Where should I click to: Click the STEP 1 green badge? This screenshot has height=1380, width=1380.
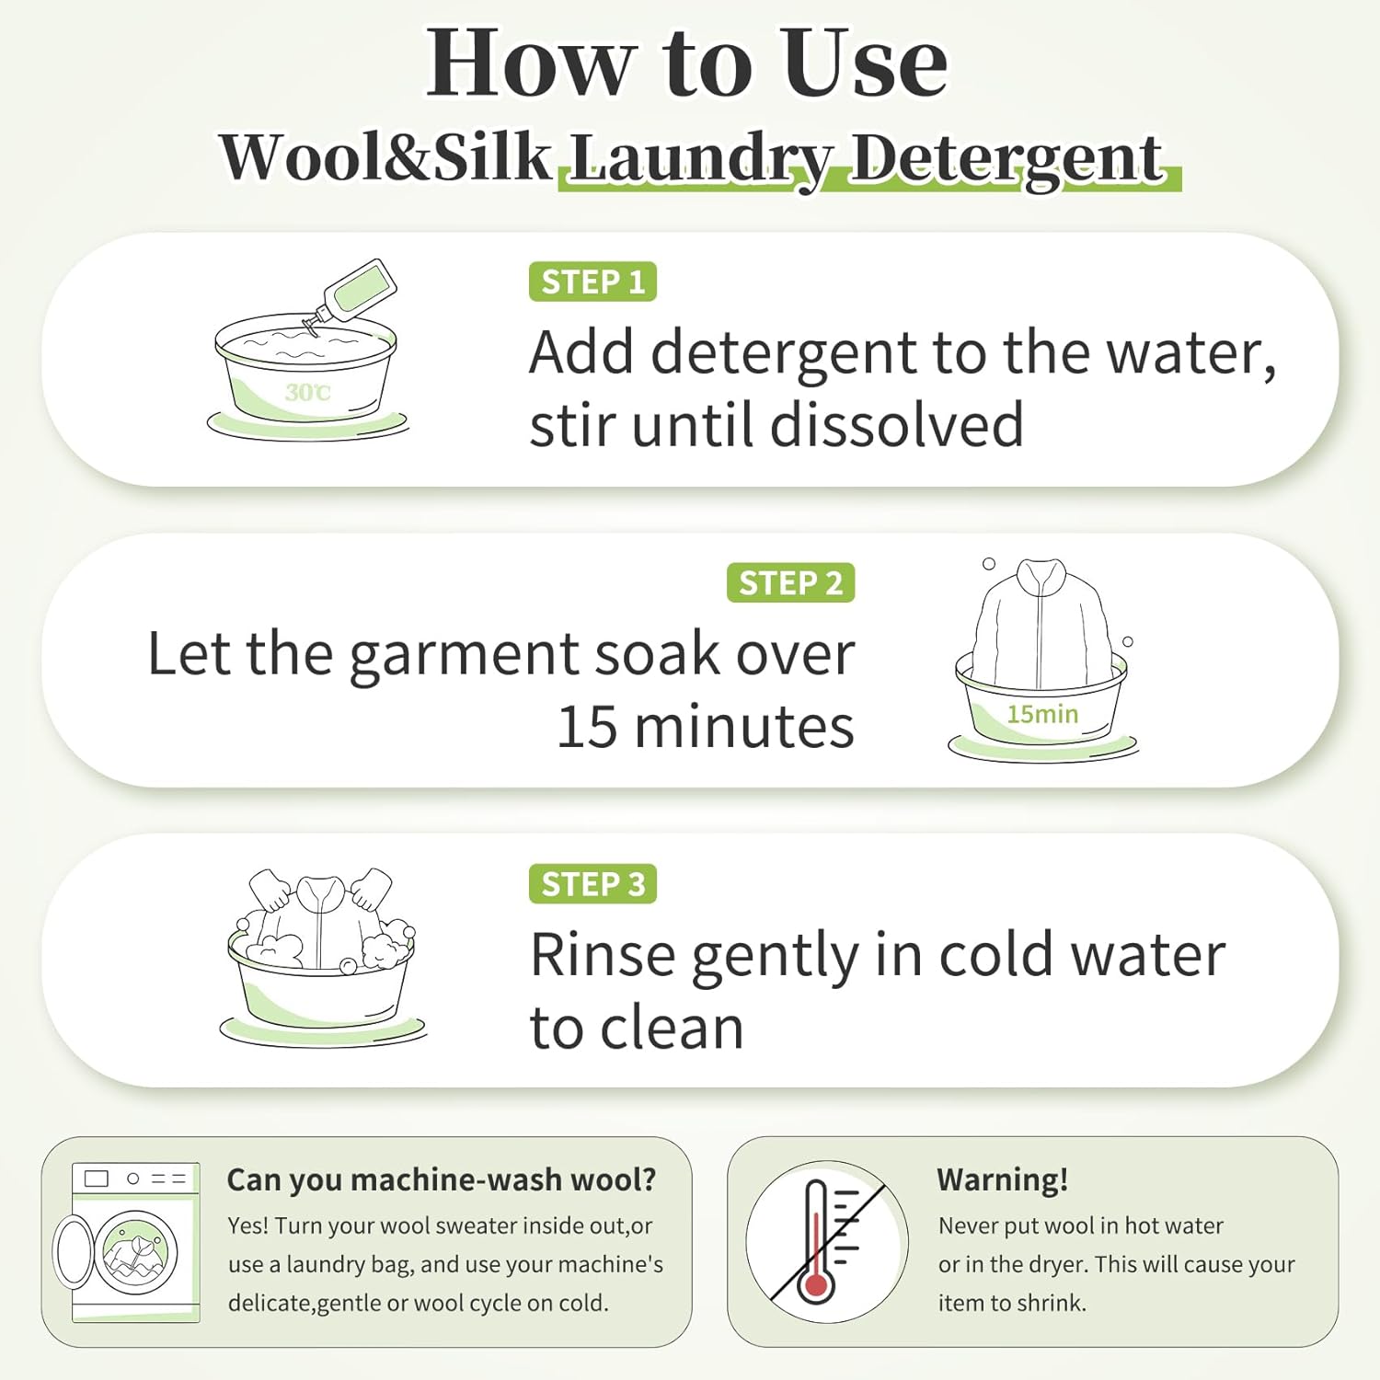click(x=592, y=282)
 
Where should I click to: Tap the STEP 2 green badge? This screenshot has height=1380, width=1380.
click(x=790, y=582)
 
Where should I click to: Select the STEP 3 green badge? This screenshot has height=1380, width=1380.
click(x=592, y=883)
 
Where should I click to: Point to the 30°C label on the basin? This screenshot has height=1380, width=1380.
click(x=307, y=393)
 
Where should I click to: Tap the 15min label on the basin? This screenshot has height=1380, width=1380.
click(x=1042, y=714)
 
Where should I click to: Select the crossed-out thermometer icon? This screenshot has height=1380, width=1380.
click(x=827, y=1241)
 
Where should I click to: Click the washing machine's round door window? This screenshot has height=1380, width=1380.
click(x=136, y=1249)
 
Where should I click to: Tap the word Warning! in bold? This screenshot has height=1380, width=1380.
click(x=1002, y=1179)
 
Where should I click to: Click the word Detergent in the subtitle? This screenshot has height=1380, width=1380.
click(x=1006, y=158)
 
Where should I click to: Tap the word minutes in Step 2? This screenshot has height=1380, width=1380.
click(x=743, y=727)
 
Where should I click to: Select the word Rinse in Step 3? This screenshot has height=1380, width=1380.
click(x=604, y=955)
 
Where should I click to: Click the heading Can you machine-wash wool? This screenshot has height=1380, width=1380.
click(x=442, y=1179)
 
